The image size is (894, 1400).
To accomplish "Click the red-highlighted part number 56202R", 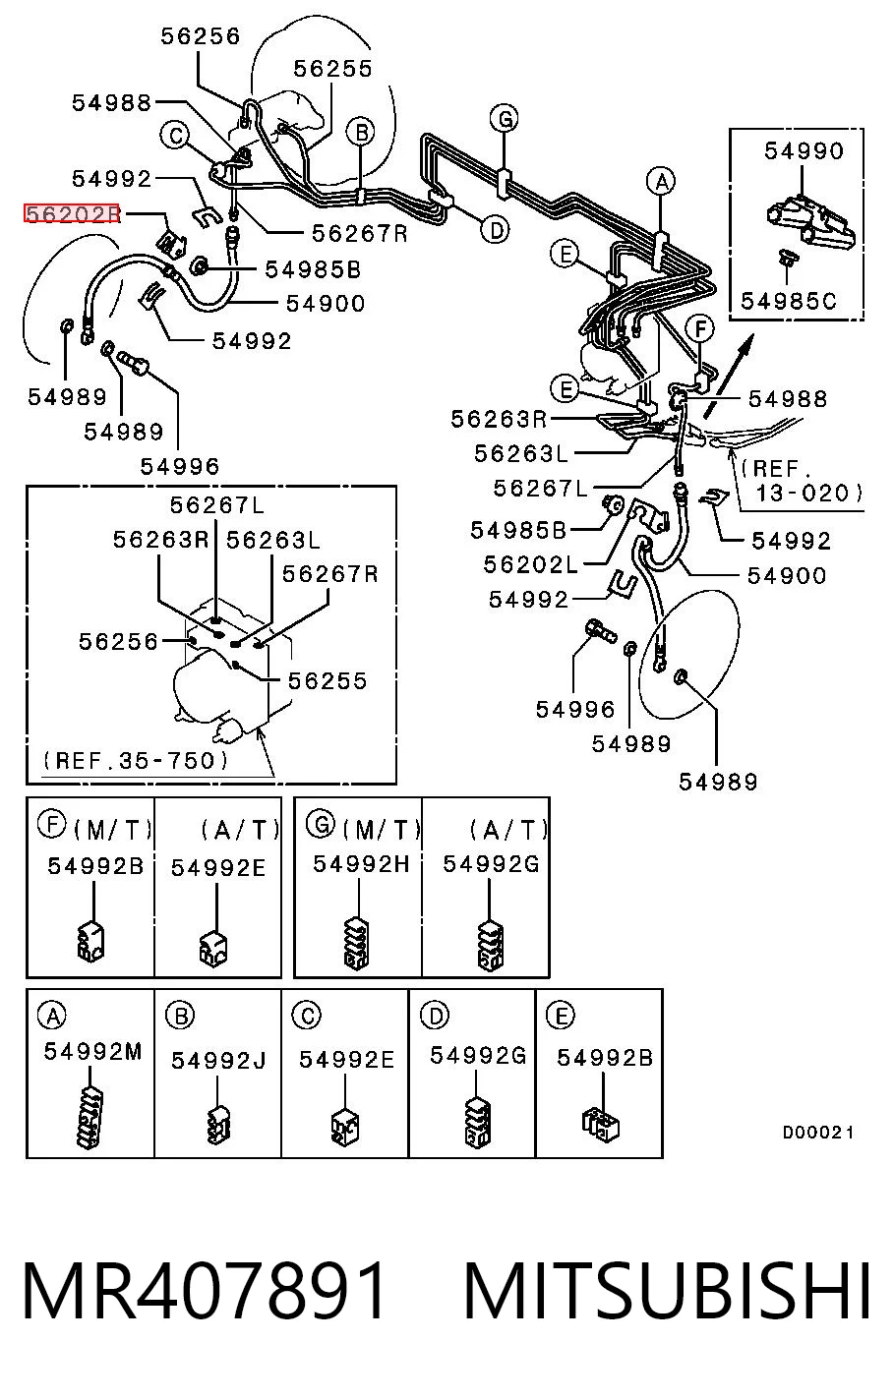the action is (x=72, y=213).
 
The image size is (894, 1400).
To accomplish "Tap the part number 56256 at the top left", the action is (x=200, y=36).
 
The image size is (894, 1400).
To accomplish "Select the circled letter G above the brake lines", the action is (x=505, y=119).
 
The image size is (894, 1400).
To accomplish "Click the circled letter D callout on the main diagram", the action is (x=495, y=231).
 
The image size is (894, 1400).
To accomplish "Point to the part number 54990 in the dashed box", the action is (x=804, y=150).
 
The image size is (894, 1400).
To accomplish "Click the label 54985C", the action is (x=789, y=301).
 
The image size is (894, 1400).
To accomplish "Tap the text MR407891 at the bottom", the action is (x=204, y=1290).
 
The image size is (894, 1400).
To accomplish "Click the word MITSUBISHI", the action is (x=667, y=1290).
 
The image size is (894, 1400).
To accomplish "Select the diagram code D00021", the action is (x=818, y=1132).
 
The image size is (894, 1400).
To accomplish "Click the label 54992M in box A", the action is (x=93, y=1051).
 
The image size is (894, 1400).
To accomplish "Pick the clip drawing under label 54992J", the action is (x=217, y=1126).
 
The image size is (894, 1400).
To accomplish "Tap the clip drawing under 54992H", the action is (x=357, y=944).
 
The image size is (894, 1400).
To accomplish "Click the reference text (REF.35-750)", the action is (x=136, y=760).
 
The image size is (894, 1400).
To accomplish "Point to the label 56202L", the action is (x=531, y=565).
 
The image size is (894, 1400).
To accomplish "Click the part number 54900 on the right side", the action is (x=787, y=575).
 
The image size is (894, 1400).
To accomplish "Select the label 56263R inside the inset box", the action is (x=160, y=540).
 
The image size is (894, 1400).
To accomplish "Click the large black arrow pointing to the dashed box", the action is (x=729, y=375).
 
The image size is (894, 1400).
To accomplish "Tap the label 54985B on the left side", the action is (x=313, y=269).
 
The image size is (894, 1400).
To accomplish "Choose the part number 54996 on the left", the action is (x=180, y=466).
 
